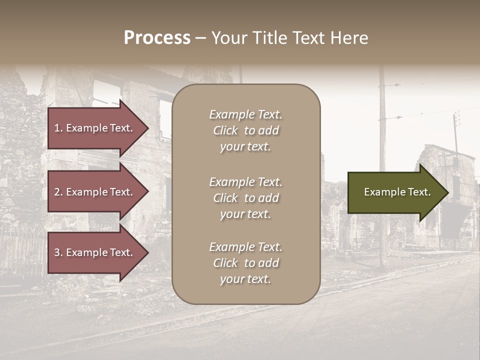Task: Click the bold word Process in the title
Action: point(157,38)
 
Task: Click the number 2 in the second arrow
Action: point(57,192)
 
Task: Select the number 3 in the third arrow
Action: point(57,252)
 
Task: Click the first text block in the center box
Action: point(245,130)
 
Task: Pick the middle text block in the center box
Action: point(245,198)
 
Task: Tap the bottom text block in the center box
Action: point(245,263)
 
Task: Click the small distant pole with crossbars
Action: point(456,130)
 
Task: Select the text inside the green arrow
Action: point(397,192)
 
